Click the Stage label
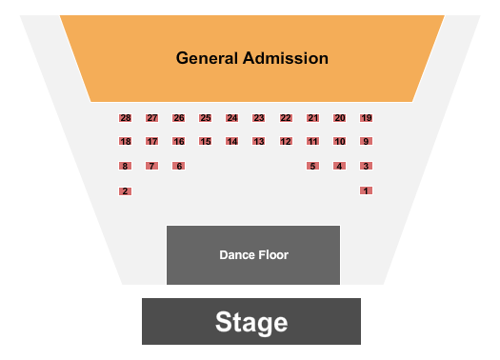251,322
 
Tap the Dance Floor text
253,255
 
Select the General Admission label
252,58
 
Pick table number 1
366,190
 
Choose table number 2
125,191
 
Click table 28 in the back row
125,118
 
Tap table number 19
366,118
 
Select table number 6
178,166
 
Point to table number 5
312,166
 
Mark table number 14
231,142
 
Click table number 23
258,118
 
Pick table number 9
366,142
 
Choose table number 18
125,142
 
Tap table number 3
366,166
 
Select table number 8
125,166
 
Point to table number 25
205,118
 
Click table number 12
286,142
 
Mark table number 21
312,118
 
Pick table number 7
151,166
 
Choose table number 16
178,142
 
